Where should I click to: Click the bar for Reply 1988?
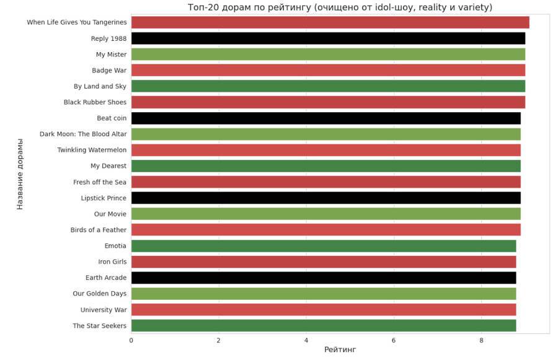pos(328,38)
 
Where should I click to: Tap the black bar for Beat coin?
pos(325,118)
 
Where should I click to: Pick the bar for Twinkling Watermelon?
pos(325,150)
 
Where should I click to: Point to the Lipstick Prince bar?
pos(325,198)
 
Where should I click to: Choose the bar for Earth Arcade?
pos(323,278)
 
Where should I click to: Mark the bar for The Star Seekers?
pos(323,326)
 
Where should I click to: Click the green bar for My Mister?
pos(328,55)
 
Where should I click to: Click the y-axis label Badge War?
pos(109,71)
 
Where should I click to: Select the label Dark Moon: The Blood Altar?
pos(83,134)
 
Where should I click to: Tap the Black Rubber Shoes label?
pos(95,102)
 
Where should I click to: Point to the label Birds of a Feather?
pos(98,230)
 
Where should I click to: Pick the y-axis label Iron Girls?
pos(112,262)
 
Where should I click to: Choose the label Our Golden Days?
pos(99,294)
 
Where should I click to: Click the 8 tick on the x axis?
pos(481,340)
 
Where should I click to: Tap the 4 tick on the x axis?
pos(306,340)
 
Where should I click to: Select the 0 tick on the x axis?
pos(131,340)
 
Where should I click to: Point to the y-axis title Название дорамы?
pos(20,174)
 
